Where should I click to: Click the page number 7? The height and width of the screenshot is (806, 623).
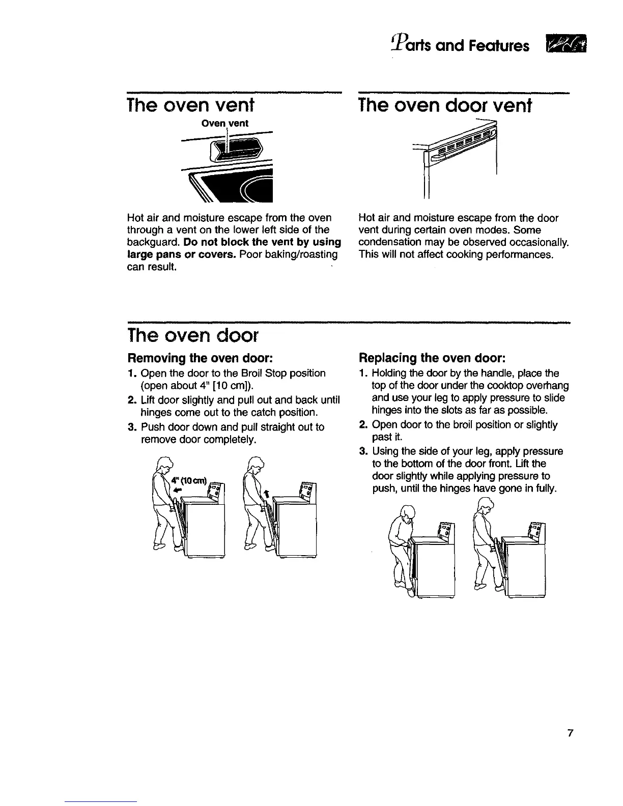coord(571,733)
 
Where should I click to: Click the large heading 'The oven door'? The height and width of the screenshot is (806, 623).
coord(194,336)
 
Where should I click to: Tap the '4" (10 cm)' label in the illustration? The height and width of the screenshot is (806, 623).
coord(189,482)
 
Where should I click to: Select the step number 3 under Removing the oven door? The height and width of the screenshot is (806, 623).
coord(130,427)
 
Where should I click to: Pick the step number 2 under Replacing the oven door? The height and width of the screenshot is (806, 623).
coord(363,425)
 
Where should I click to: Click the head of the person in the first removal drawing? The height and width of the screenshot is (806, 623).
coord(165,466)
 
